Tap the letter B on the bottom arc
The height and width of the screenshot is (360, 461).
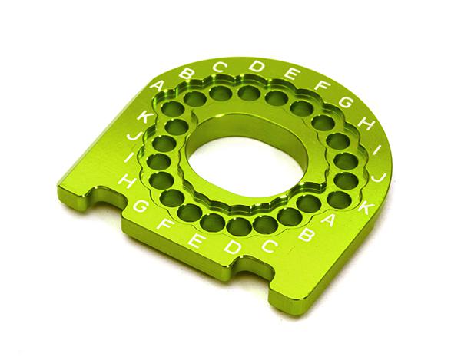[x=304, y=236]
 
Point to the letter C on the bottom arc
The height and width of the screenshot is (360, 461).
[x=270, y=246]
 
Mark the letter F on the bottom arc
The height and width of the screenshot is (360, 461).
[x=164, y=226]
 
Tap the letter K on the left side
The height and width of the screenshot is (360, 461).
[x=143, y=117]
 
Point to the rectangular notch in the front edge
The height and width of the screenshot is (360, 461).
[x=250, y=268]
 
